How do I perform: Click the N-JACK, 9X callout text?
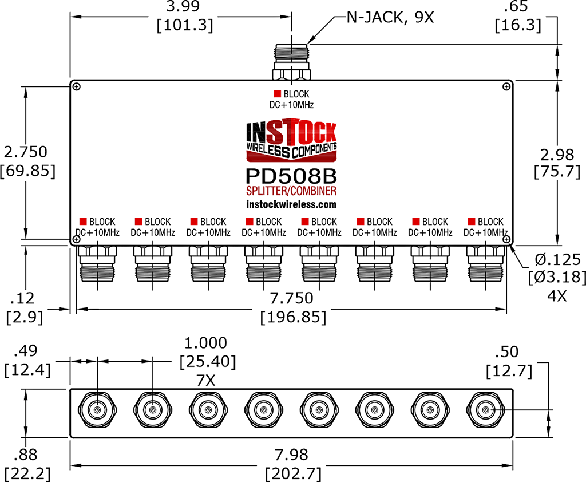(x=390, y=17)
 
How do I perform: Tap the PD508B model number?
(x=291, y=175)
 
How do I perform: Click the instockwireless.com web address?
(x=291, y=204)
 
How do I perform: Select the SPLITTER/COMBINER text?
(x=291, y=191)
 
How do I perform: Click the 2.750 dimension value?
(x=26, y=152)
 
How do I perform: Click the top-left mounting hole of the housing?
(x=77, y=86)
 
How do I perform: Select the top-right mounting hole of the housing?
(x=506, y=86)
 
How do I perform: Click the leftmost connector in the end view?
(x=98, y=410)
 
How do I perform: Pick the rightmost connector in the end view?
(x=486, y=410)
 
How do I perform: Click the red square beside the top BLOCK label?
(x=277, y=94)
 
